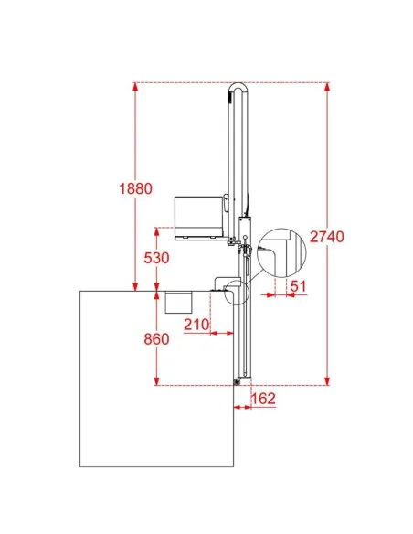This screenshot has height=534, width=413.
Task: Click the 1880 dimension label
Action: (x=135, y=188)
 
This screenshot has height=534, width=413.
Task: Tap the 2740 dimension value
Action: (x=327, y=236)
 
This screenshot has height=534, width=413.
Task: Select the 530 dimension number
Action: (x=156, y=258)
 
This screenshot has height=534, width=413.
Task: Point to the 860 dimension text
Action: (x=156, y=339)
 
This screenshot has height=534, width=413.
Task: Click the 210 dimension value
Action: (x=196, y=325)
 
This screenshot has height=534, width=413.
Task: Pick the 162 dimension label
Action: (x=263, y=398)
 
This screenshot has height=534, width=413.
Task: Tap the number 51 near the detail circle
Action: (x=299, y=286)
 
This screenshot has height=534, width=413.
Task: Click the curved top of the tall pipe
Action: (x=238, y=84)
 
